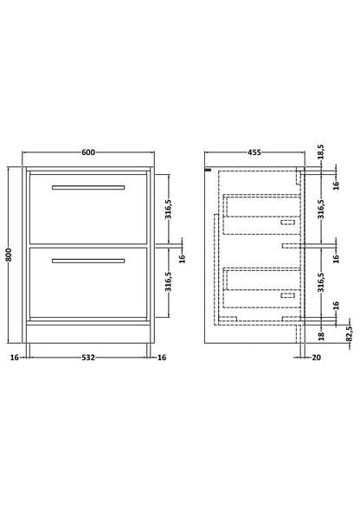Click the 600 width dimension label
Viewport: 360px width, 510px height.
click(88, 152)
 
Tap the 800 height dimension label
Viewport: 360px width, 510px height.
click(9, 255)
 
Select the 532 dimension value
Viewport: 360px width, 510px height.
click(88, 358)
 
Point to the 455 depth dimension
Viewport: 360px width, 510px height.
click(254, 152)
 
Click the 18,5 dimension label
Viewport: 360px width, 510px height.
click(321, 152)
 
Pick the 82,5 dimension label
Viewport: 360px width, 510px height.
click(350, 333)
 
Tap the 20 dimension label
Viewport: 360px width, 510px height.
click(316, 358)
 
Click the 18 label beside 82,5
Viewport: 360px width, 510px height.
click(321, 336)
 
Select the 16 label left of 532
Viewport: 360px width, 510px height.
click(15, 358)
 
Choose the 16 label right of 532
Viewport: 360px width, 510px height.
click(162, 358)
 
